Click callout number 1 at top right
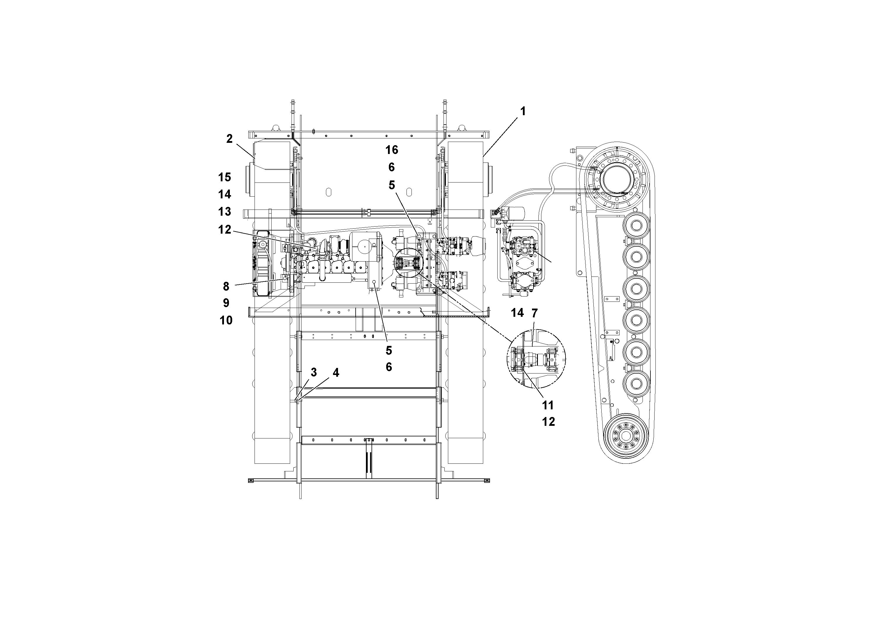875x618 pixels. point(523,111)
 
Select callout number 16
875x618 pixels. point(392,150)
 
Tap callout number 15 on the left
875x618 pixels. point(225,177)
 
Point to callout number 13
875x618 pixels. point(225,212)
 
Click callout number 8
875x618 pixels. point(226,286)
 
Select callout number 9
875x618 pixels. point(226,303)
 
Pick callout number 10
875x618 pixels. point(226,320)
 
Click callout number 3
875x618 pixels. point(313,372)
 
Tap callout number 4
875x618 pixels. point(335,373)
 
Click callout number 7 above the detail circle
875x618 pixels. point(534,313)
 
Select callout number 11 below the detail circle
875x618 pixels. point(548,405)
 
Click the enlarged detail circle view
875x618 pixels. point(536,359)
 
